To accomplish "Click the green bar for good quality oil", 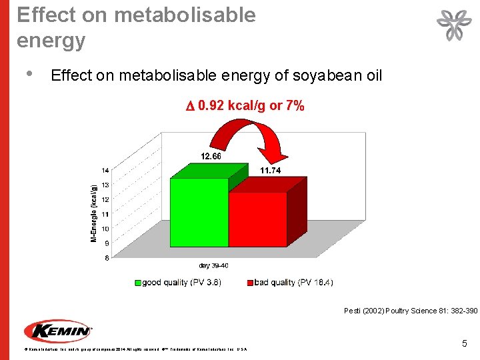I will (199, 212).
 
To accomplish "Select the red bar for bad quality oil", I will (258, 219).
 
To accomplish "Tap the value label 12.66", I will (211, 157).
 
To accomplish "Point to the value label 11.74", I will (270, 171).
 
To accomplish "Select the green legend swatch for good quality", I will (138, 283).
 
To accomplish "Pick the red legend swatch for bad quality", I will (250, 283).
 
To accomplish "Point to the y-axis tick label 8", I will (107, 259).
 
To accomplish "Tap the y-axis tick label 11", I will (105, 214).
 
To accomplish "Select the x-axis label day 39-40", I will (213, 266).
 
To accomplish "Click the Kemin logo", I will (58, 331).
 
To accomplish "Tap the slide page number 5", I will (465, 343).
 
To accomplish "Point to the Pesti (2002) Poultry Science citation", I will (410, 311).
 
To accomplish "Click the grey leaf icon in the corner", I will (453, 27).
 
